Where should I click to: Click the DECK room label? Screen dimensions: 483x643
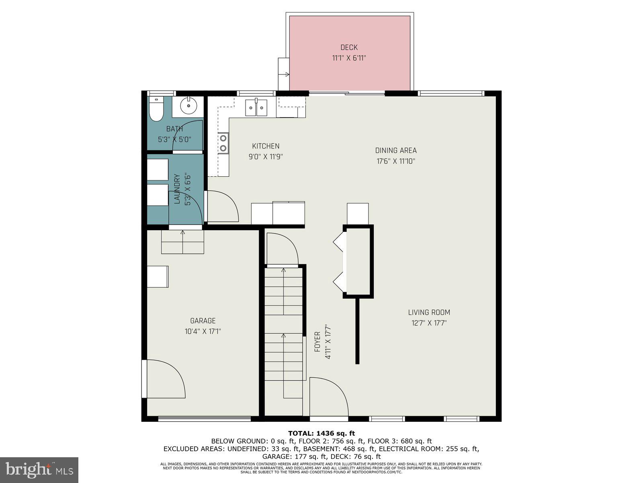click(349, 47)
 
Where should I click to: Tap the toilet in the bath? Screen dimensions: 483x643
click(156, 109)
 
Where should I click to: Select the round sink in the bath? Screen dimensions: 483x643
click(188, 107)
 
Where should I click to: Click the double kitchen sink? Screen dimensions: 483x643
click(256, 107)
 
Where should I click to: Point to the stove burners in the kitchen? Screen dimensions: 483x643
click(223, 143)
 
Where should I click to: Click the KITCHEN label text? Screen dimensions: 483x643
click(266, 146)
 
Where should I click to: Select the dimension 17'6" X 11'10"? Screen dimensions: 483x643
click(396, 161)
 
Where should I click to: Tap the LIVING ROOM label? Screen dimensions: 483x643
click(429, 312)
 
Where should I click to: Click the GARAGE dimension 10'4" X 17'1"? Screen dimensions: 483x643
click(203, 331)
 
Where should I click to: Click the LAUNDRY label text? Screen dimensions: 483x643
click(177, 189)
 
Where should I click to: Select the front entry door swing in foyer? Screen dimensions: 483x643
click(328, 396)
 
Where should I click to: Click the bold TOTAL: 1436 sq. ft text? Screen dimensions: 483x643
click(321, 433)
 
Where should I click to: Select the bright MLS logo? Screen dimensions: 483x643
click(39, 470)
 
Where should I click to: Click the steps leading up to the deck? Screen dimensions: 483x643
click(284, 74)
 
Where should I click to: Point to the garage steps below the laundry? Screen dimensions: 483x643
click(183, 242)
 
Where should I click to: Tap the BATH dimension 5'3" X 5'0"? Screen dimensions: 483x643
click(174, 140)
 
